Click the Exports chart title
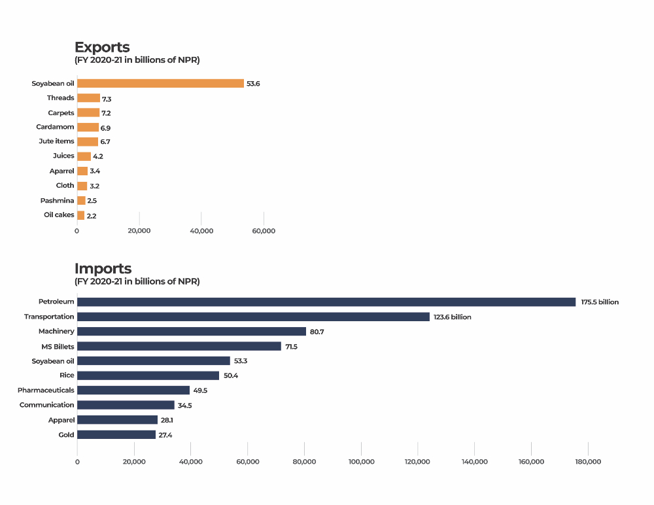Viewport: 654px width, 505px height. (102, 47)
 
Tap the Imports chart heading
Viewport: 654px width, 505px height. (103, 268)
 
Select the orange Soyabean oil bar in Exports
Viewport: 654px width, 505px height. (160, 83)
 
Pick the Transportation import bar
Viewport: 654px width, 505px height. (253, 317)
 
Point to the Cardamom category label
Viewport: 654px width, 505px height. (55, 127)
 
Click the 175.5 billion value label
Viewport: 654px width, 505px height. (600, 302)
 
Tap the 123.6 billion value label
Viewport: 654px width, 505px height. (452, 317)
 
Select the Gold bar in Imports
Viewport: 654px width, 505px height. (116, 434)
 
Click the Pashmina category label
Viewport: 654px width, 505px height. (57, 200)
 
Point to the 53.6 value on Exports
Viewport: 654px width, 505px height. (254, 84)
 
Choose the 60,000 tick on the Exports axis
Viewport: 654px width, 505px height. (264, 231)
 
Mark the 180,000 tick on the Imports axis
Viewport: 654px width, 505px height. (588, 462)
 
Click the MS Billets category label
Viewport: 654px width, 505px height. (58, 346)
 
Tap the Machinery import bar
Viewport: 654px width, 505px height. (192, 332)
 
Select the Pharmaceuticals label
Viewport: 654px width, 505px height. (46, 390)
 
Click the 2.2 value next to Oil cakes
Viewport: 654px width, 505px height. (92, 215)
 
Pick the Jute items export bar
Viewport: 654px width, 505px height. (88, 141)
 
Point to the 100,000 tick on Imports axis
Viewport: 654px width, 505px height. (361, 462)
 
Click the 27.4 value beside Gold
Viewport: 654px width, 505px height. (165, 434)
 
